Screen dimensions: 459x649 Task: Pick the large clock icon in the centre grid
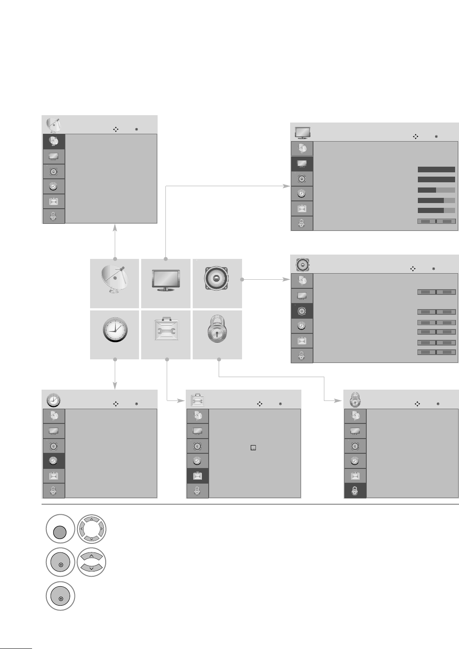(115, 330)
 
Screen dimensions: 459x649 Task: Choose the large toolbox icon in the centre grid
(166, 329)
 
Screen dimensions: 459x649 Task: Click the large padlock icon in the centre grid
(217, 329)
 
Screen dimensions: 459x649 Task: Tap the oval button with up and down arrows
(91, 562)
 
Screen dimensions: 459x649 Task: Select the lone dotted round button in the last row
(61, 596)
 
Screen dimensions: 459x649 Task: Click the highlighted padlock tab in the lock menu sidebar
(355, 491)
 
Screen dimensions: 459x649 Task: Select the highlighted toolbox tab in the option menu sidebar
(197, 475)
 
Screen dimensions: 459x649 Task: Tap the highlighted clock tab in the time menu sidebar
(54, 461)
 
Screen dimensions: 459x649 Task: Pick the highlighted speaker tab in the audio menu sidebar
(302, 310)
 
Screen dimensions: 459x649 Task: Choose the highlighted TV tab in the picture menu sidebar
(302, 164)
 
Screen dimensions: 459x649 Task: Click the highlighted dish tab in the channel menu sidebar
(54, 141)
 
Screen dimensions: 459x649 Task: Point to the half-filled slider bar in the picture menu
(436, 190)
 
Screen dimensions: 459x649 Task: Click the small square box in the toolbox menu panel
(253, 448)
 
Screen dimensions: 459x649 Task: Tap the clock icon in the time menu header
(53, 400)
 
